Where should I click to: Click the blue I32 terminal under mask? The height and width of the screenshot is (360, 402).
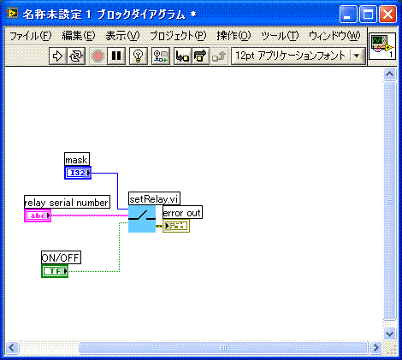pyautogui.click(x=78, y=173)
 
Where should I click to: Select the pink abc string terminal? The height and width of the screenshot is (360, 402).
pyautogui.click(x=38, y=215)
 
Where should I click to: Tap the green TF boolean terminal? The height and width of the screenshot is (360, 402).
pyautogui.click(x=55, y=271)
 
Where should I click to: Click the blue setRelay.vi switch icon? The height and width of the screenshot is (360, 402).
pyautogui.click(x=142, y=219)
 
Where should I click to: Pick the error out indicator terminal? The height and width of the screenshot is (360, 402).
pyautogui.click(x=176, y=226)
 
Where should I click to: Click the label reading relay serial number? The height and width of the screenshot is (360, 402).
pyautogui.click(x=67, y=203)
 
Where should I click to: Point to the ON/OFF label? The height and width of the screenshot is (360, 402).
pyautogui.click(x=61, y=257)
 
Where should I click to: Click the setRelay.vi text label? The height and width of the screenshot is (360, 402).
pyautogui.click(x=154, y=199)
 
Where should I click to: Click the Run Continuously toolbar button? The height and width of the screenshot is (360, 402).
pyautogui.click(x=76, y=56)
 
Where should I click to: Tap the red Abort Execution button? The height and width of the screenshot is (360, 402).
pyautogui.click(x=98, y=56)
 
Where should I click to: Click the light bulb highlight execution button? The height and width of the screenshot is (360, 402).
pyautogui.click(x=139, y=56)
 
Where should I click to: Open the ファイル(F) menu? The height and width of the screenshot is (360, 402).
pyautogui.click(x=31, y=36)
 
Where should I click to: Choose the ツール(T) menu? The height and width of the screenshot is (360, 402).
pyautogui.click(x=280, y=36)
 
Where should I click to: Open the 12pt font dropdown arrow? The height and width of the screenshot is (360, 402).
pyautogui.click(x=357, y=56)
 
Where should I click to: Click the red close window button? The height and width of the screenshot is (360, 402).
pyautogui.click(x=387, y=15)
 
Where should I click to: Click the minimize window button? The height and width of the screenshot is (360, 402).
pyautogui.click(x=348, y=15)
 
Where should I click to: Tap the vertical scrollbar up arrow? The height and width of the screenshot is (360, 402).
pyautogui.click(x=389, y=74)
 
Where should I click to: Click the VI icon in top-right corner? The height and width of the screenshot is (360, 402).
pyautogui.click(x=382, y=46)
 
